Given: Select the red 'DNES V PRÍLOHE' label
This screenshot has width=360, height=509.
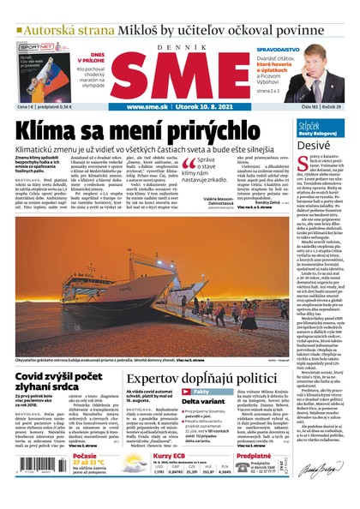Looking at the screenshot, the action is [x=91, y=52].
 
